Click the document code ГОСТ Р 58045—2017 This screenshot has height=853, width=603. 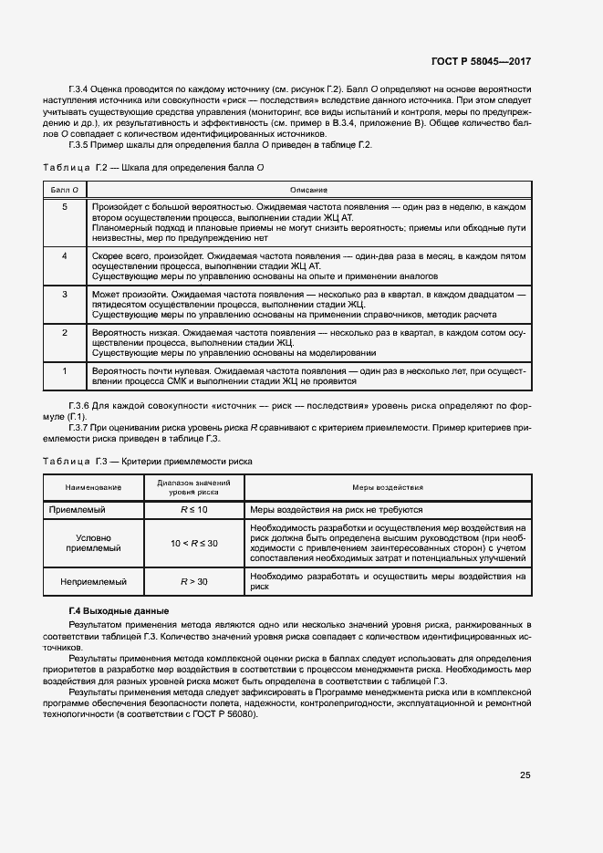(481, 62)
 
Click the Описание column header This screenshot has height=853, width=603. (308, 189)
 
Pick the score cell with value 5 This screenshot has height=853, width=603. (64, 208)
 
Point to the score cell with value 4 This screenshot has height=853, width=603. (64, 256)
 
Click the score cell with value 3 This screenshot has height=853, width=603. (64, 295)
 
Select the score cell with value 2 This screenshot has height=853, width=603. (64, 333)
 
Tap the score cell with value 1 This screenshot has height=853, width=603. (64, 371)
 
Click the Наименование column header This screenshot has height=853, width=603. (91, 488)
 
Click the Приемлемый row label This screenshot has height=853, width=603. (91, 510)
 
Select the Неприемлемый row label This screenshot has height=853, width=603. (91, 581)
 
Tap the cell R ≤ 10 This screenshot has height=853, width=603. (193, 510)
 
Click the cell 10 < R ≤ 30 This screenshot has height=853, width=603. (193, 544)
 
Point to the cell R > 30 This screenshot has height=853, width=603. (193, 581)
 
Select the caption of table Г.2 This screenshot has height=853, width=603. (154, 168)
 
